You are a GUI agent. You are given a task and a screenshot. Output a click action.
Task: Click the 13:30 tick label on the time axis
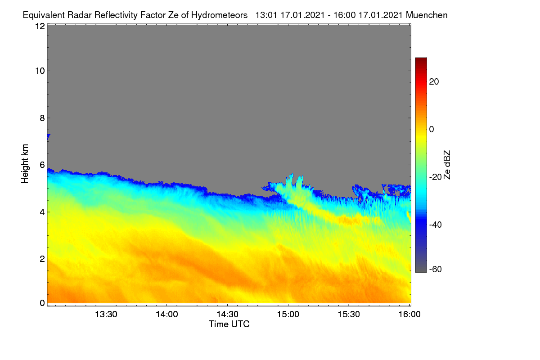pyautogui.click(x=106, y=315)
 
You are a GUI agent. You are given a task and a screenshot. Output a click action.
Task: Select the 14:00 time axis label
pyautogui.click(x=167, y=315)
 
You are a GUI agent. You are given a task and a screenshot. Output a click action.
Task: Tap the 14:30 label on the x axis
pyautogui.click(x=227, y=315)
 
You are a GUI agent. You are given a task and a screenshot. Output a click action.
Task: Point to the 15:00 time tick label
pyautogui.click(x=288, y=315)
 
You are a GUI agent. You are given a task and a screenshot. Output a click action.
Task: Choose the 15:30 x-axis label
pyautogui.click(x=349, y=315)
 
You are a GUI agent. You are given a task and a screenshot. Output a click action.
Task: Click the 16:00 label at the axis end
pyautogui.click(x=409, y=315)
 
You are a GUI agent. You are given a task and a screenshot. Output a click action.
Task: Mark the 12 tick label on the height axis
pyautogui.click(x=40, y=26)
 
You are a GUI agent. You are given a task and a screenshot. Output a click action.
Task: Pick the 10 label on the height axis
pyautogui.click(x=40, y=71)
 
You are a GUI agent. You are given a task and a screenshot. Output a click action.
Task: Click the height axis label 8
pyautogui.click(x=42, y=118)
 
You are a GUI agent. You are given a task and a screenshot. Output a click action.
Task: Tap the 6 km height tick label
pyautogui.click(x=42, y=165)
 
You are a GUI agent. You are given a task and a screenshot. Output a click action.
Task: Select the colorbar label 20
pyautogui.click(x=434, y=82)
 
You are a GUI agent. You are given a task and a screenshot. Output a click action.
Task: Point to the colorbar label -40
pyautogui.click(x=436, y=225)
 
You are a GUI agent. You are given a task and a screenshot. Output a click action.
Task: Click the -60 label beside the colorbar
pyautogui.click(x=436, y=270)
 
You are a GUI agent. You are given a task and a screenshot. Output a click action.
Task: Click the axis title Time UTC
pyautogui.click(x=229, y=324)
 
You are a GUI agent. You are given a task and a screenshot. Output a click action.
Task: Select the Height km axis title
pyautogui.click(x=25, y=164)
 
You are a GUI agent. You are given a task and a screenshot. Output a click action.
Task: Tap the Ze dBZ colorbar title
pyautogui.click(x=447, y=165)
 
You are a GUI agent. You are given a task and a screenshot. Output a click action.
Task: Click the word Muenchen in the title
pyautogui.click(x=427, y=15)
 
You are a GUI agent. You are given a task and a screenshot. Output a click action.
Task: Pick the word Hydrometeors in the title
pyautogui.click(x=220, y=15)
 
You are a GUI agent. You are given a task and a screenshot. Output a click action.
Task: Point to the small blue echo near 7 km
pyautogui.click(x=49, y=136)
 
